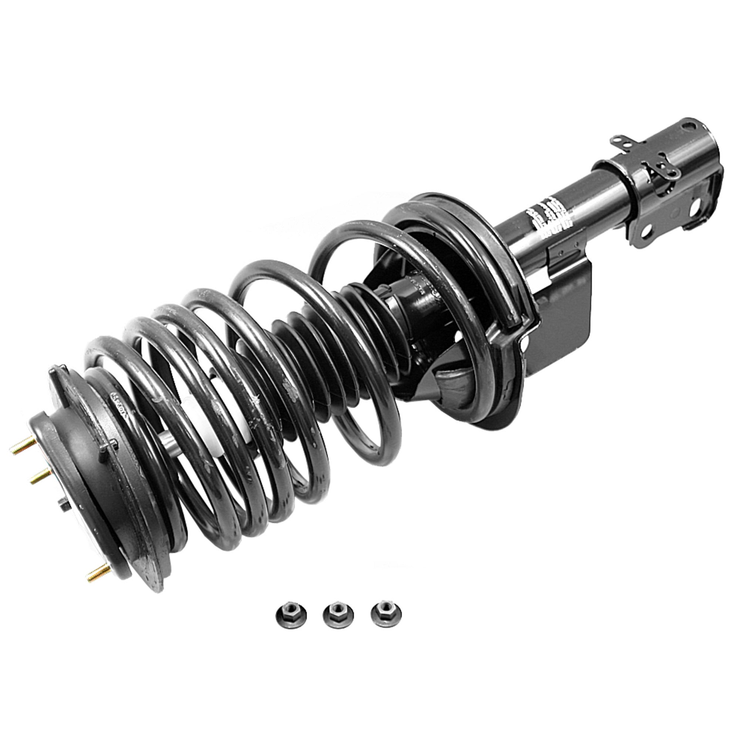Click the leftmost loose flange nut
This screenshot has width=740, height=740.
click(x=291, y=618)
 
